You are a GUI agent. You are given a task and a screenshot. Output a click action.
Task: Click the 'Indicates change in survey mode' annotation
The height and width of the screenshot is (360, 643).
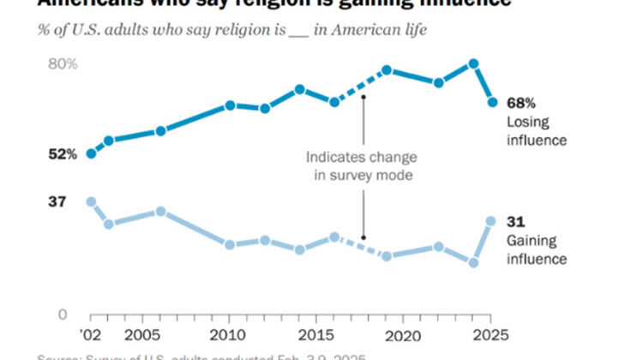coord(364,166)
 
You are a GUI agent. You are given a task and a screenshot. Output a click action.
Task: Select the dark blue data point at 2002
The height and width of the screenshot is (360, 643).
coord(91,153)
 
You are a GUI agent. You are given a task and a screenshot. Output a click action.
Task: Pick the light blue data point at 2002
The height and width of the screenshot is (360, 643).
coord(91,201)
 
